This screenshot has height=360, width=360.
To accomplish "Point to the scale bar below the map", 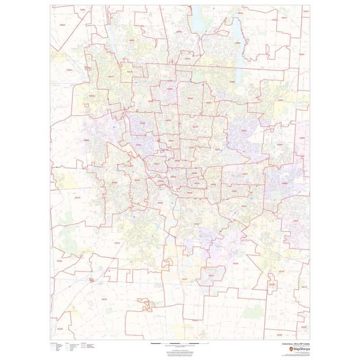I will coord(175,344).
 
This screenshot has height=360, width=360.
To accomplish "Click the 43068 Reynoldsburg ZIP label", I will coord(285,183).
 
